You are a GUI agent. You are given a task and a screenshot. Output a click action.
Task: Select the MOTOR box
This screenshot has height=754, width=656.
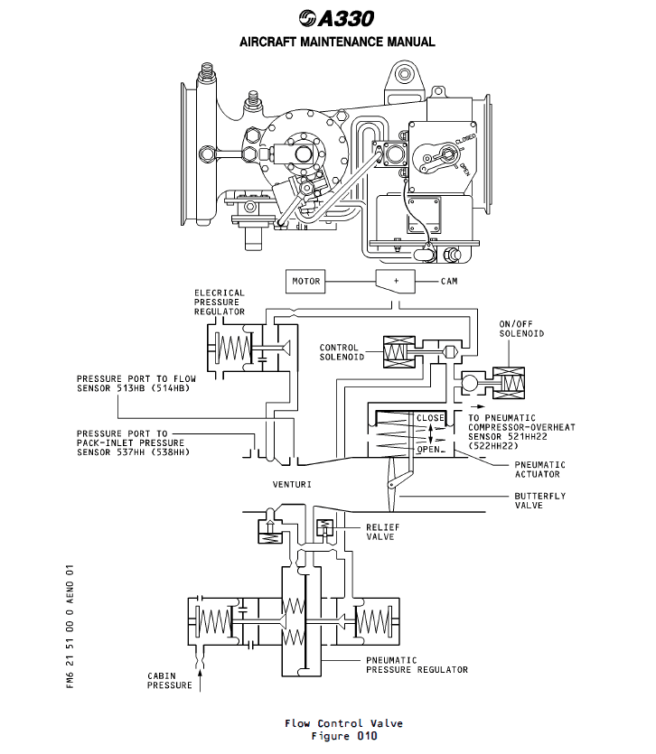coord(305,281)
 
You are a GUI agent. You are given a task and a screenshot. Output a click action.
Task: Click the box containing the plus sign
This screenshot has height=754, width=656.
coord(395,281)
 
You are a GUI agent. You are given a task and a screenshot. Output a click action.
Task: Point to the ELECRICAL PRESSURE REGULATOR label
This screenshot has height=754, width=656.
coord(219,302)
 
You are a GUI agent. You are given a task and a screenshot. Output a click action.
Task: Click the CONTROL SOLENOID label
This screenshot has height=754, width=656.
coord(339,352)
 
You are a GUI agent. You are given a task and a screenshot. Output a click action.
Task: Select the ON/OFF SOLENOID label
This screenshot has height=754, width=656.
coord(521,328)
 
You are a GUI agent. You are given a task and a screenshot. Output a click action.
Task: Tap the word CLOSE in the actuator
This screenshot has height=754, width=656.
coord(431,418)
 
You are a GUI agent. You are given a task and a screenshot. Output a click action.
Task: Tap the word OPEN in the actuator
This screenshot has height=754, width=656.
coord(428,449)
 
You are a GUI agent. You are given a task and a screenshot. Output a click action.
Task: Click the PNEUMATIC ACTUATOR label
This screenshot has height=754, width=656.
coord(537,469)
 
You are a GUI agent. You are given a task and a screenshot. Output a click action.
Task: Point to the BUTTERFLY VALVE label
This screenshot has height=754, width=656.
coord(540,500)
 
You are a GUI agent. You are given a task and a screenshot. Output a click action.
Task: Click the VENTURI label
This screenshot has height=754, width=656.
coord(292,485)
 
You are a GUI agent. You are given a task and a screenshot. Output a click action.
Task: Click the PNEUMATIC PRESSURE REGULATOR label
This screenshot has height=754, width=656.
coord(417,665)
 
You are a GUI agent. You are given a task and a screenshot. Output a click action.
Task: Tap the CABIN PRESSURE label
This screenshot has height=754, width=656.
coord(170,680)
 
